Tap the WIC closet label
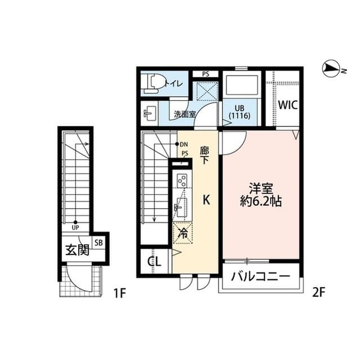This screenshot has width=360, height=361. click(x=287, y=105)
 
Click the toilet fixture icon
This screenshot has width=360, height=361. click(x=151, y=83)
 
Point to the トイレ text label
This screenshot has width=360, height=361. click(x=173, y=84)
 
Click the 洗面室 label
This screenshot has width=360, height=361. click(x=184, y=113)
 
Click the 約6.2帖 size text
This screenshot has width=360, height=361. click(x=261, y=201)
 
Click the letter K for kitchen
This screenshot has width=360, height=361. click(x=206, y=200)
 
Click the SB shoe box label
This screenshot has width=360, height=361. click(x=99, y=243)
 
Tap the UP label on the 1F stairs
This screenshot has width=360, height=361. click(x=75, y=228)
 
